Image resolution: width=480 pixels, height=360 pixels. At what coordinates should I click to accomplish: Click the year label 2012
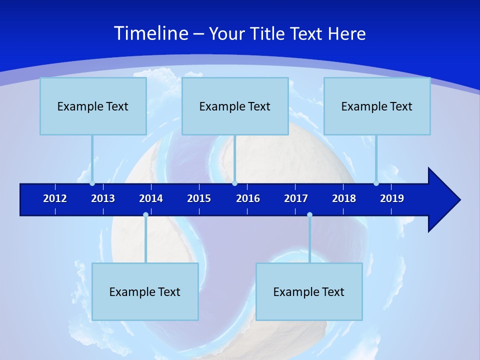tap(55, 198)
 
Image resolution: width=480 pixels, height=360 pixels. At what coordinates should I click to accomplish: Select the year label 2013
tap(103, 198)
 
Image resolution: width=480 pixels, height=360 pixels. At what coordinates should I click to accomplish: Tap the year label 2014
tap(151, 198)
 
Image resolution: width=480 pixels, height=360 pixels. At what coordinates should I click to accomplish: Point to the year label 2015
tap(199, 198)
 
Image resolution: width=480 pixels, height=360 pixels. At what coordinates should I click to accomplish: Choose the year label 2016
tap(248, 198)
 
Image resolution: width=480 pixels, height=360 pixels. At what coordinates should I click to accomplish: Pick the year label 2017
tap(296, 198)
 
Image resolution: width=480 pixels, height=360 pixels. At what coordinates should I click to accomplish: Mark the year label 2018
tap(344, 198)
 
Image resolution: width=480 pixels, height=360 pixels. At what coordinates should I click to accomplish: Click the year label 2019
tap(392, 198)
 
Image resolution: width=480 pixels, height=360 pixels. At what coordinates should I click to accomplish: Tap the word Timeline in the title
tap(150, 33)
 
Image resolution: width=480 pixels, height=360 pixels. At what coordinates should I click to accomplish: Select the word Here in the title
tap(346, 33)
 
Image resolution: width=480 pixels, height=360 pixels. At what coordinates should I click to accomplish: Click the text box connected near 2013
tap(93, 106)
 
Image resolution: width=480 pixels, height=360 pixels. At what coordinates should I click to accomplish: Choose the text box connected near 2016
tap(235, 106)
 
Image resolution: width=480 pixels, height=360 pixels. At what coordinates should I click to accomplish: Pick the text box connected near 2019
tap(377, 106)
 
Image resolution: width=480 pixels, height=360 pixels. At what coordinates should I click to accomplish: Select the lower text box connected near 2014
tap(145, 291)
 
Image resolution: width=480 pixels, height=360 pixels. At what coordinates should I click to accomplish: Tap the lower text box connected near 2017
tap(309, 291)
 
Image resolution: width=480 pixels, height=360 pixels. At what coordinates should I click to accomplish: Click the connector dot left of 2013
tap(92, 183)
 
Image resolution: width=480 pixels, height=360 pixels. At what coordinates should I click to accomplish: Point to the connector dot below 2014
tap(145, 214)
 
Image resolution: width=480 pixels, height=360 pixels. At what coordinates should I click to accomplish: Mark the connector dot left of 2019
tap(376, 183)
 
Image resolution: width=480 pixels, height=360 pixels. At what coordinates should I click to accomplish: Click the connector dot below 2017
tap(309, 214)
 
